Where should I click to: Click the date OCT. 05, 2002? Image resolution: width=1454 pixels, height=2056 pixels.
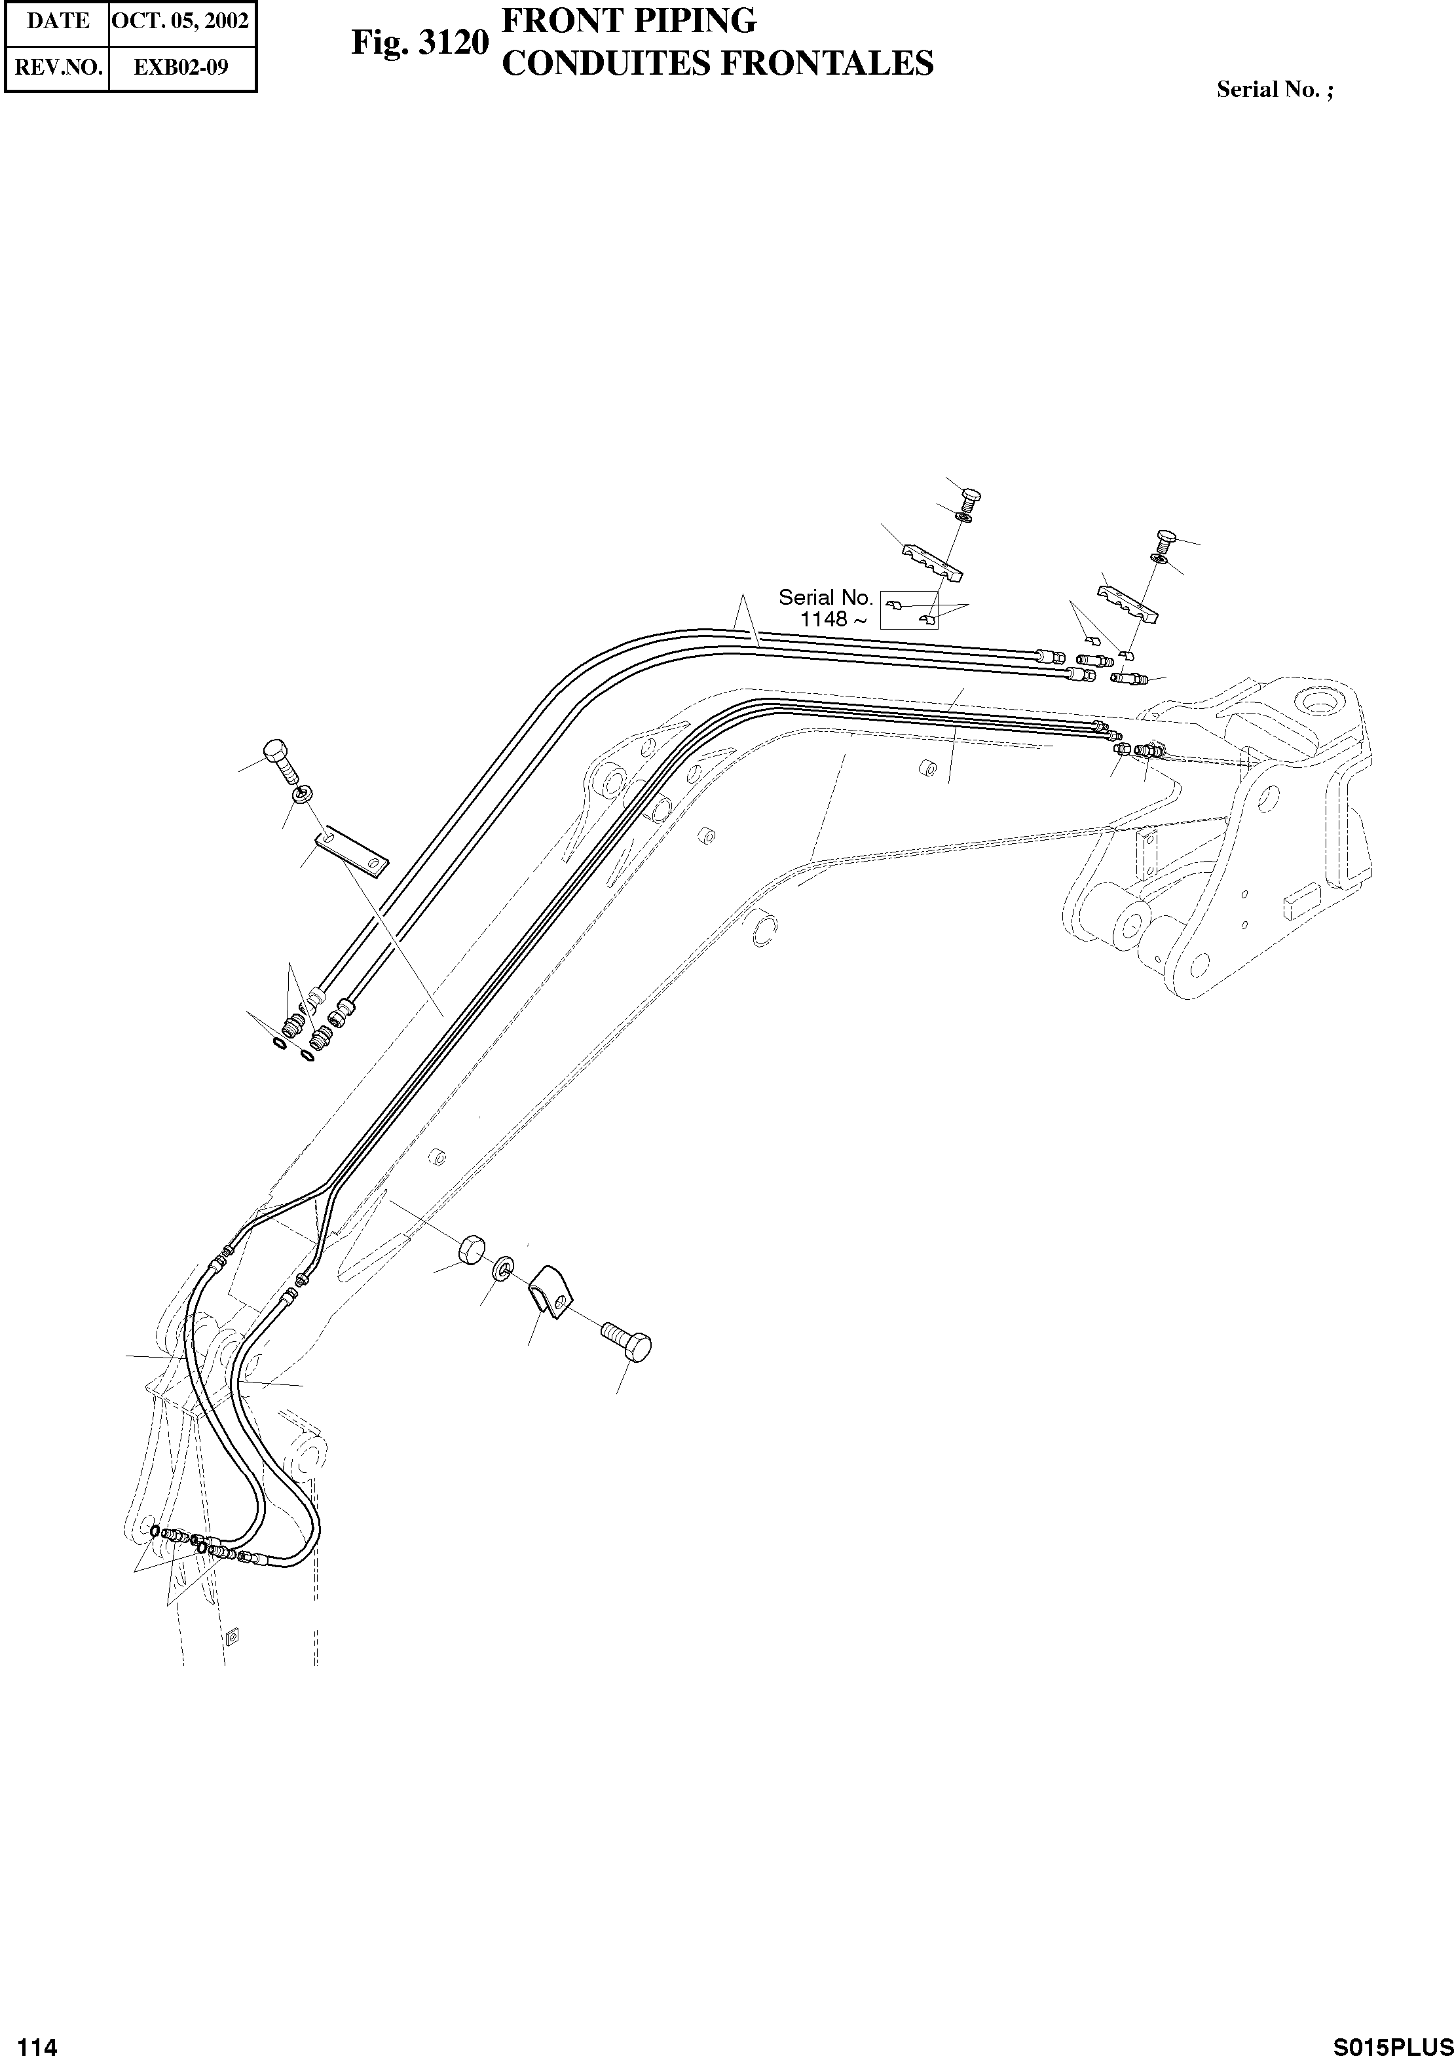[x=182, y=20]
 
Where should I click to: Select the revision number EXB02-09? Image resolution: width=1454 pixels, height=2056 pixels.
[x=182, y=67]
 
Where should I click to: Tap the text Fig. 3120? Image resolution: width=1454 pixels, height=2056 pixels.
[x=419, y=42]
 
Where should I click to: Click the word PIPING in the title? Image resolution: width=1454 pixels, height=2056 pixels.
[x=681, y=20]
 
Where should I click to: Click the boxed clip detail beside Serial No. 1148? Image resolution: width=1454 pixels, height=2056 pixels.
[x=909, y=611]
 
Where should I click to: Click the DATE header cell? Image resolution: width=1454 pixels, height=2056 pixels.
[x=57, y=20]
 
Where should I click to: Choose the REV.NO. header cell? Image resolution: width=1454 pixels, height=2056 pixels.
[x=57, y=67]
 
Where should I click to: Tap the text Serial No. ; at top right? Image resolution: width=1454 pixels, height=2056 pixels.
[x=1274, y=90]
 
